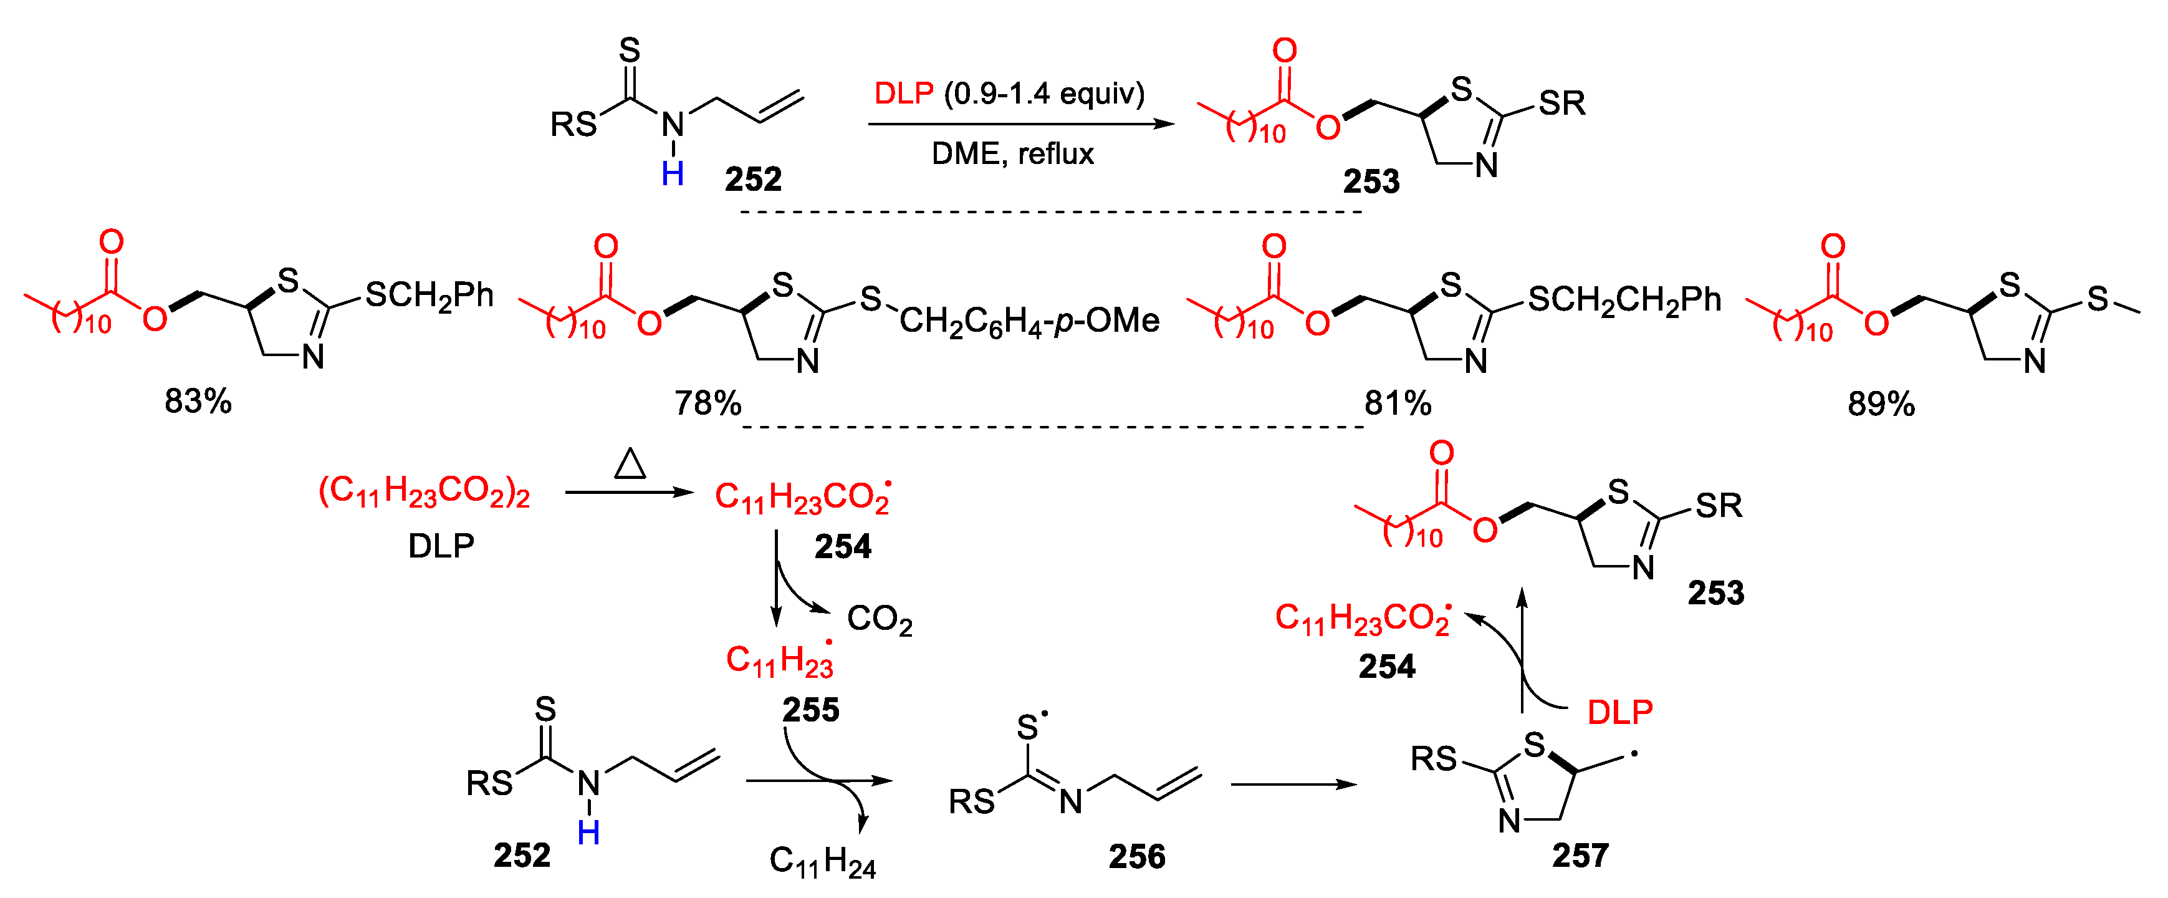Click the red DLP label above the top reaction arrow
(x=904, y=94)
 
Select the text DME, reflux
(x=1012, y=154)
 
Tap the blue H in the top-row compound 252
(x=673, y=174)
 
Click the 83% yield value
(x=198, y=402)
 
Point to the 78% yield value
(x=707, y=404)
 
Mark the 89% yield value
(x=1881, y=405)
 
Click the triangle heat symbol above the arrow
(x=630, y=464)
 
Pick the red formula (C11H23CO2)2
(x=424, y=491)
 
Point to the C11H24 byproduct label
(x=822, y=862)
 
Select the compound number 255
(x=810, y=710)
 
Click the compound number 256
(x=1136, y=857)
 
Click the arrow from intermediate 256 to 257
(x=1293, y=785)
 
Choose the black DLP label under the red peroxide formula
(x=441, y=547)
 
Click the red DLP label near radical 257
(x=1620, y=713)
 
